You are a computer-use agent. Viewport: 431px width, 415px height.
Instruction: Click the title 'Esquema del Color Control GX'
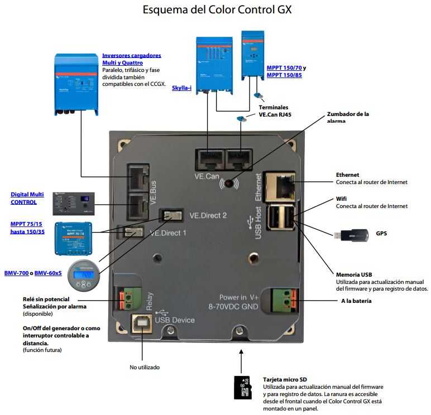(x=217, y=9)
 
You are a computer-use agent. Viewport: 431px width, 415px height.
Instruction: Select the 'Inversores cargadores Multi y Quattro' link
(x=131, y=59)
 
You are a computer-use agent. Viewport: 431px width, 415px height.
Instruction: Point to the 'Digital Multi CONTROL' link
(x=27, y=198)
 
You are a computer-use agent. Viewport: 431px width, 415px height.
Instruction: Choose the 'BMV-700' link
(x=17, y=273)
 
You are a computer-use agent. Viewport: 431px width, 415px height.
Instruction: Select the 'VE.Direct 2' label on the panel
(x=208, y=215)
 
